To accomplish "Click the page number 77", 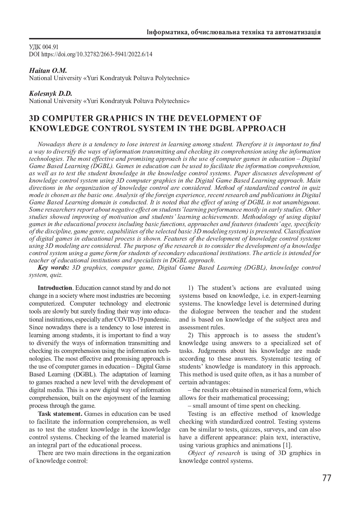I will (x=327, y=478).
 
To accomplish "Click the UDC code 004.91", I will (x=51, y=47).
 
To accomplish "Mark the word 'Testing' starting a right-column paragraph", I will (x=198, y=414).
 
